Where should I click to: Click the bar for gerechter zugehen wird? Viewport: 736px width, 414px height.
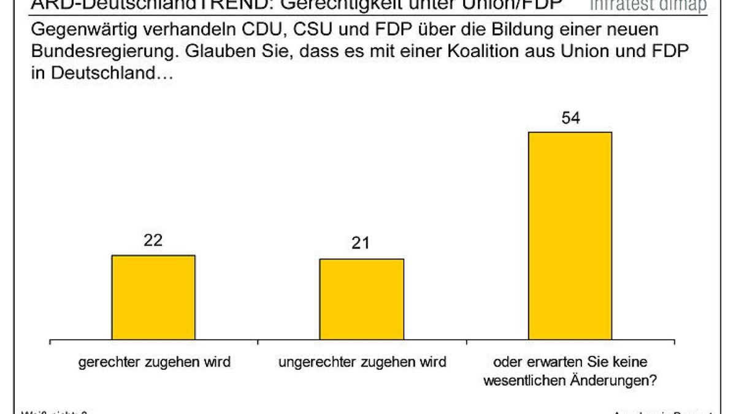[x=153, y=297]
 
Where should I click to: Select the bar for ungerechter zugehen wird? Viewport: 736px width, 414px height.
[x=362, y=299]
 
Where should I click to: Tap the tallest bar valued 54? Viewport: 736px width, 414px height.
[x=570, y=236]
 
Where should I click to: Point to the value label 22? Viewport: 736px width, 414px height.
[x=153, y=240]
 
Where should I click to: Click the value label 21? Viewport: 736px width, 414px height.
[x=361, y=243]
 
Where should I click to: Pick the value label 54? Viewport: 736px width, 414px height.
[x=570, y=118]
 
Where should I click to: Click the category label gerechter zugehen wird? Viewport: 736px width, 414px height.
[x=154, y=362]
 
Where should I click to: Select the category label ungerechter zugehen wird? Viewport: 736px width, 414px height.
[x=362, y=362]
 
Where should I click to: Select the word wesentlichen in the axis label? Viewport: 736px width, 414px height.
[x=528, y=380]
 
